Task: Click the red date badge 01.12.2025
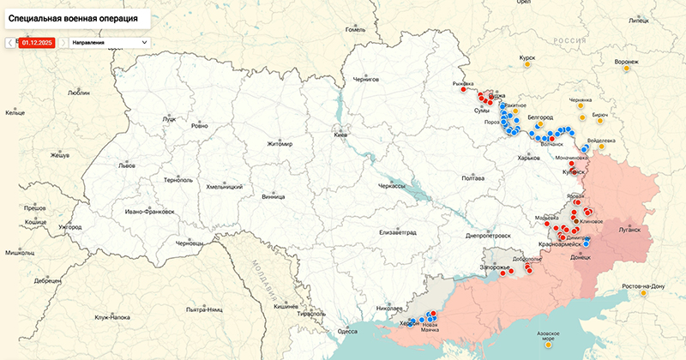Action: [x=37, y=42]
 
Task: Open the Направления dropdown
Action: [x=110, y=42]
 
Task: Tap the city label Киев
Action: [x=341, y=135]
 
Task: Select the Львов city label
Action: [x=127, y=165]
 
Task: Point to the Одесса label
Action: [x=347, y=331]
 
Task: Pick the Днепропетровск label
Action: [x=488, y=235]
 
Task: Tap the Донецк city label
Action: [x=581, y=256]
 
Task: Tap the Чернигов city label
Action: [x=366, y=79]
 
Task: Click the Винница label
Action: [x=273, y=196]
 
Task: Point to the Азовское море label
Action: [x=548, y=334]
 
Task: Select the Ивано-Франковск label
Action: [x=149, y=212]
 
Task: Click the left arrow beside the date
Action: [x=10, y=42]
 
